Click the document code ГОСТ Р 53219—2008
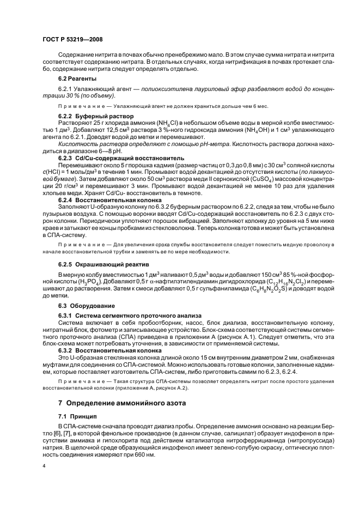[x=72, y=40]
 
